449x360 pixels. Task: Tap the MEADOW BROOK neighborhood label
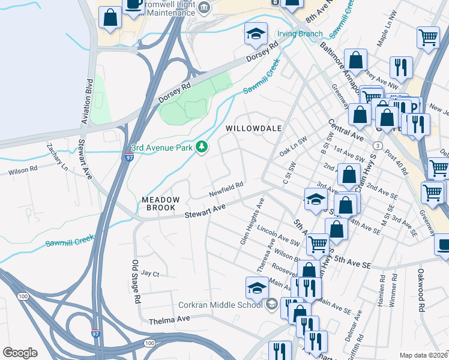[x=159, y=203]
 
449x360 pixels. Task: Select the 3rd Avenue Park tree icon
[x=203, y=146]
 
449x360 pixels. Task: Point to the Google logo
[x=20, y=353]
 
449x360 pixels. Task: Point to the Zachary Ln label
[x=56, y=159]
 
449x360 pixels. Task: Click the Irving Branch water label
[x=300, y=34]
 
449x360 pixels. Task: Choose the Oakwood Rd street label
[x=421, y=300]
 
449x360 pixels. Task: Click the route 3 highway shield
[x=377, y=145]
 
